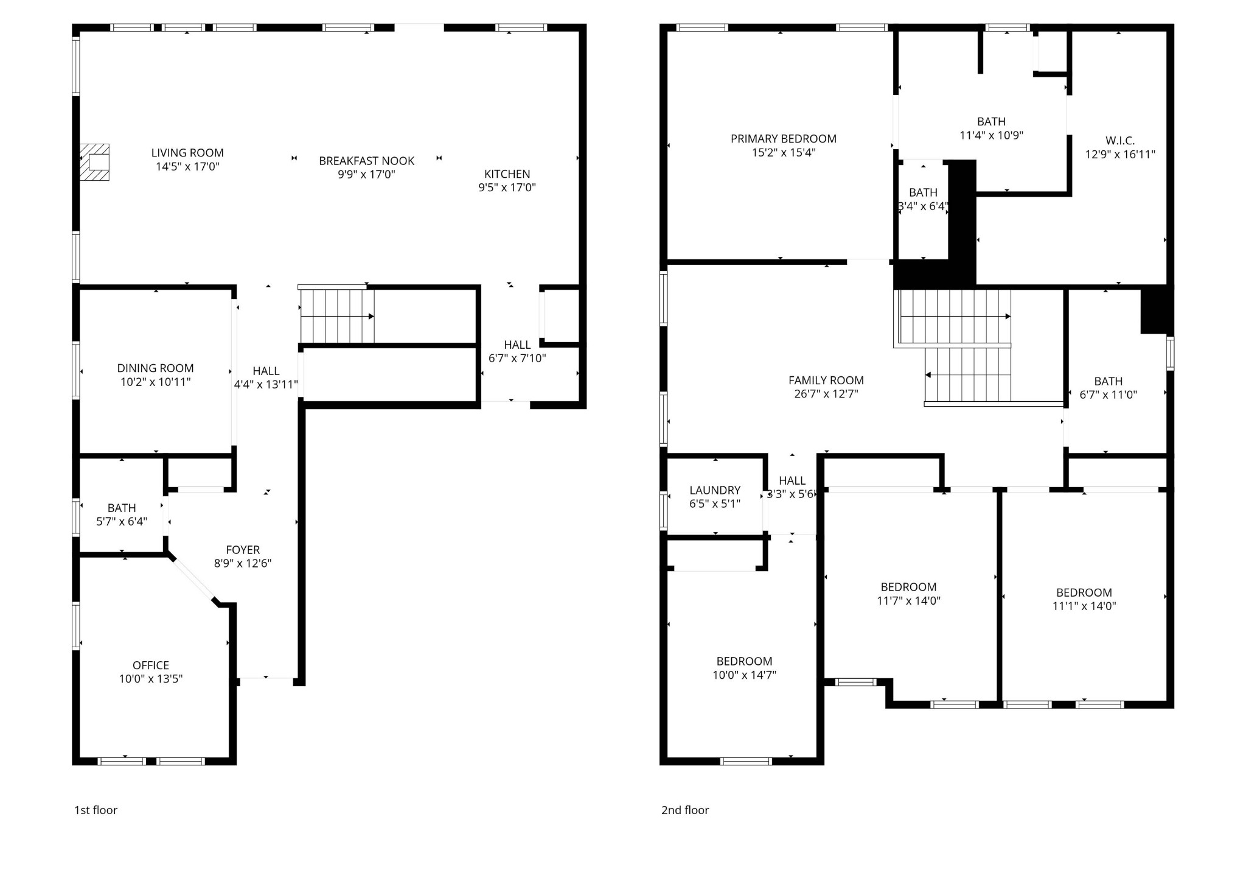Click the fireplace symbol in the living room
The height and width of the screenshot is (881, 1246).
(94, 162)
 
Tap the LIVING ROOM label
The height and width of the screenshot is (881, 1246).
(187, 153)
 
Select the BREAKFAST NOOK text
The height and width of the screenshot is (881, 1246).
(366, 161)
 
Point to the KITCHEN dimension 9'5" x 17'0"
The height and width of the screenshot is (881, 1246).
(507, 188)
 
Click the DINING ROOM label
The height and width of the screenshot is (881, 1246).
(155, 368)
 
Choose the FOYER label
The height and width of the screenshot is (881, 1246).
(243, 550)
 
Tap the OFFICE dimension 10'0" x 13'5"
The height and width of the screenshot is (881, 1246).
(151, 679)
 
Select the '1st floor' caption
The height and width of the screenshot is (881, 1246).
(96, 810)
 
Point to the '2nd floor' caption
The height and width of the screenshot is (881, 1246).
(685, 810)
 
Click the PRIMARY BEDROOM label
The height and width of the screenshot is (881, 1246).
(784, 139)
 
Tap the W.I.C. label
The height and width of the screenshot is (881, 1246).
(1120, 141)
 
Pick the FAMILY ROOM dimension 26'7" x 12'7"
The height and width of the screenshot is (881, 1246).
(826, 394)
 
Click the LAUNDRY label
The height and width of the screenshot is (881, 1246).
(715, 490)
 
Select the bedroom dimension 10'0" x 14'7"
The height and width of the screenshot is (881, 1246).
(744, 675)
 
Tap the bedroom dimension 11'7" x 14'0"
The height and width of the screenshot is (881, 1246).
(908, 600)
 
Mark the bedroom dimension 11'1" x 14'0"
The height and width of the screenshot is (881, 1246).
(1084, 606)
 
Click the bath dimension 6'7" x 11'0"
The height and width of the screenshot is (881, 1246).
(1108, 395)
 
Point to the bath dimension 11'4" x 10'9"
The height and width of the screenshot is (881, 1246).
(991, 135)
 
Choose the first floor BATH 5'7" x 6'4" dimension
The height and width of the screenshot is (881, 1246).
(122, 521)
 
